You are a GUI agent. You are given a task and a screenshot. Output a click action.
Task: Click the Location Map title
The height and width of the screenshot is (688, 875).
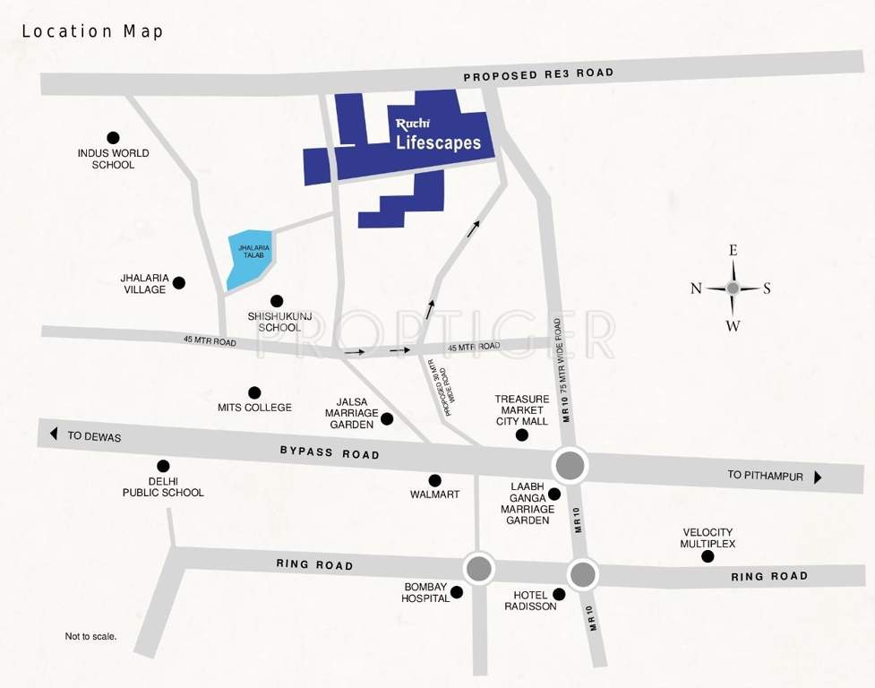[x=92, y=31]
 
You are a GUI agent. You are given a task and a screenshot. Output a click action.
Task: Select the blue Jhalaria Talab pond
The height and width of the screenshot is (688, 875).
[x=249, y=258]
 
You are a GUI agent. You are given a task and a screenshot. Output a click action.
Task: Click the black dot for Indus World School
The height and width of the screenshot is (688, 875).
[x=113, y=138]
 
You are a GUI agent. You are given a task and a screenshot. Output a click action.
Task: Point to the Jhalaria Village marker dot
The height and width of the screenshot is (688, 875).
[x=179, y=283]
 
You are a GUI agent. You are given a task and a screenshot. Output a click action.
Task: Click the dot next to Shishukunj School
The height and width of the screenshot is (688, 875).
[x=277, y=301]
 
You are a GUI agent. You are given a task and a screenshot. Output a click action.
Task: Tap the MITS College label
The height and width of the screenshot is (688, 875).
[x=254, y=408]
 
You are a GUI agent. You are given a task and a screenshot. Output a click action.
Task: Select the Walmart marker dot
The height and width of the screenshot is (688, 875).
[x=435, y=480]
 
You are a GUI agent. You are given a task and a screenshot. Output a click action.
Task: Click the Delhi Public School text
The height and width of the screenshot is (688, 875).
[x=163, y=486]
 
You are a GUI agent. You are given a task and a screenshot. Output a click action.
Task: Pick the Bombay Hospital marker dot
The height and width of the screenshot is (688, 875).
[x=457, y=592]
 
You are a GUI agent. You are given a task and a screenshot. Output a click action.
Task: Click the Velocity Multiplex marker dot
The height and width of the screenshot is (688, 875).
[x=708, y=556]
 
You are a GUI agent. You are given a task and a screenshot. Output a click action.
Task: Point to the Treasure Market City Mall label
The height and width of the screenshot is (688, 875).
[x=522, y=409]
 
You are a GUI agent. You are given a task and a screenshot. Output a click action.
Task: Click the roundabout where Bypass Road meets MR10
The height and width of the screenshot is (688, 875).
[x=570, y=465]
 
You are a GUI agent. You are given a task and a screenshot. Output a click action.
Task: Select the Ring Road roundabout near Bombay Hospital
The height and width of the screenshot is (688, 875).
[x=479, y=568]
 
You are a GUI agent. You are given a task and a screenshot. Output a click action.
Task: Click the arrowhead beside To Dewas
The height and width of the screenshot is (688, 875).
[x=54, y=434]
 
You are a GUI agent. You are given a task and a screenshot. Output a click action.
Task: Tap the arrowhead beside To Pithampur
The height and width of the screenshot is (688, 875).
[x=817, y=477]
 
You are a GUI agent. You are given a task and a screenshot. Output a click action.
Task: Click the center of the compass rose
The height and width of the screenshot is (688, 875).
[x=733, y=288]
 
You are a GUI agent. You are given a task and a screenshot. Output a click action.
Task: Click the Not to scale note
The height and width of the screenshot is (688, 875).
[x=90, y=637]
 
